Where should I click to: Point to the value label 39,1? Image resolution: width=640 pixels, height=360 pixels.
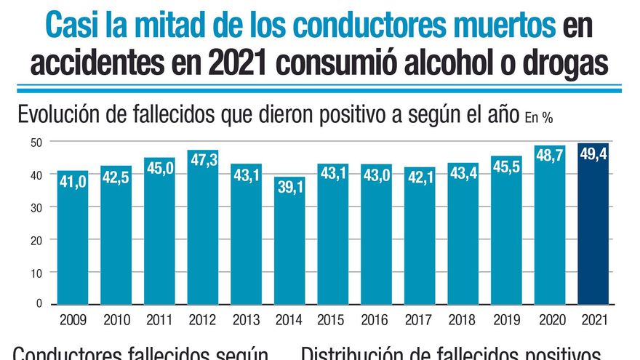[289, 188]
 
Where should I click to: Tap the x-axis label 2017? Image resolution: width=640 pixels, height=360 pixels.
[419, 319]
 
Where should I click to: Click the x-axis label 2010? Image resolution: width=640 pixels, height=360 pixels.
[116, 319]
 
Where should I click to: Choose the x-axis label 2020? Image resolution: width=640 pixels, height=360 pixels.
[549, 319]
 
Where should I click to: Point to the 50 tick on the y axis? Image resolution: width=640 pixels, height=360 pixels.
[36, 142]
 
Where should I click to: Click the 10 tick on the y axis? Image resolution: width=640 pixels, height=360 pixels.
[36, 272]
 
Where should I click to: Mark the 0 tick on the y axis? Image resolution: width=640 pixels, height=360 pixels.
[39, 303]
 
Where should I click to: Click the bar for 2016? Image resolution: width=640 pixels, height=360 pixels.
[375, 240]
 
